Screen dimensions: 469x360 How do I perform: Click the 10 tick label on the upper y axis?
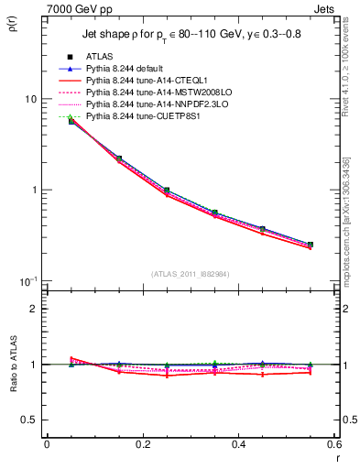[31, 99]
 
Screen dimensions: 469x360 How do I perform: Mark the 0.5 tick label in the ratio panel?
[29, 420]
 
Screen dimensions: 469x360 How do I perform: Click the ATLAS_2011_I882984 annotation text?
[191, 273]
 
